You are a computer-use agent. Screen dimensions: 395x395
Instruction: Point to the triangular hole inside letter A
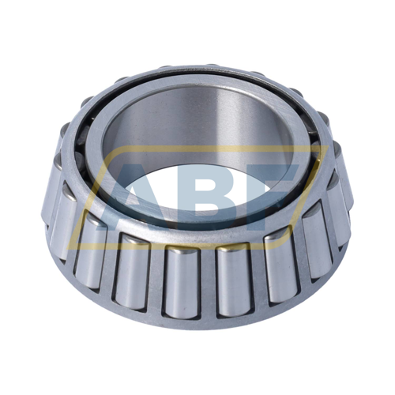pyautogui.click(x=137, y=190)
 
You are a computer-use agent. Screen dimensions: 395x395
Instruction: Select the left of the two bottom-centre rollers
pyautogui.click(x=182, y=283)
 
